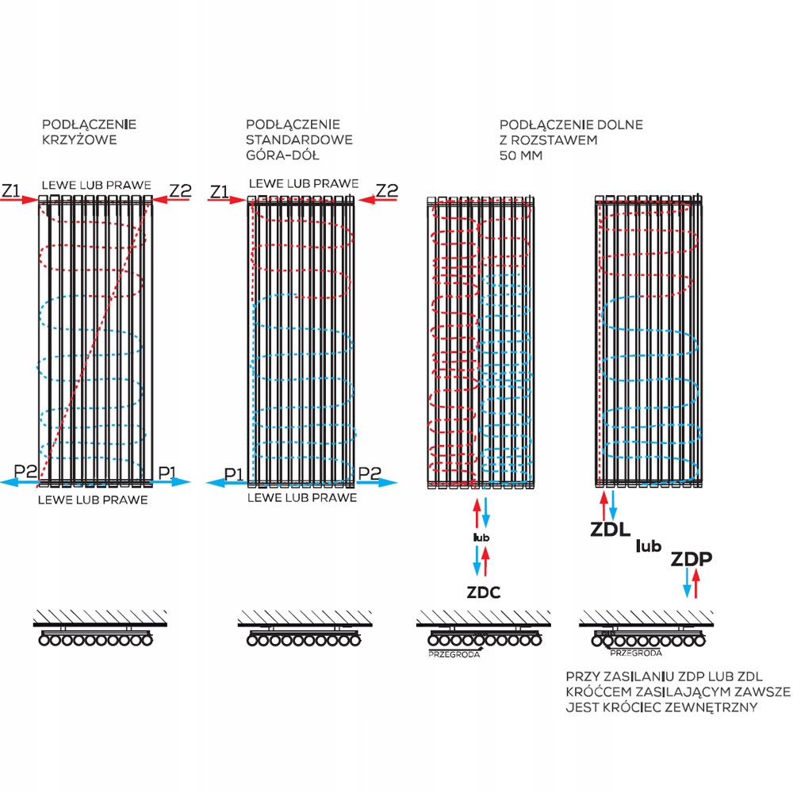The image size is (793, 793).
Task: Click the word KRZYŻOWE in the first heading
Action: tap(79, 140)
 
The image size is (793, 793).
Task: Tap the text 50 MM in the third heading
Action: tap(519, 155)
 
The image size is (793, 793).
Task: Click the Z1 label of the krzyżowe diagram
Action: tap(11, 190)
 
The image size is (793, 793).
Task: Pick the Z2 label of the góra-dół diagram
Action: tap(386, 190)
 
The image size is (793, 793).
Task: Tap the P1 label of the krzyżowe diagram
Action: tap(167, 473)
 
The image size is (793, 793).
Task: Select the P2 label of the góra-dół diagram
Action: tap(370, 473)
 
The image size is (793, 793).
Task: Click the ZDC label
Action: tap(482, 593)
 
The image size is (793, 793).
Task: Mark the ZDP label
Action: tap(691, 559)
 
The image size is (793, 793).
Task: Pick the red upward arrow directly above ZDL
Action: tap(604, 506)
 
